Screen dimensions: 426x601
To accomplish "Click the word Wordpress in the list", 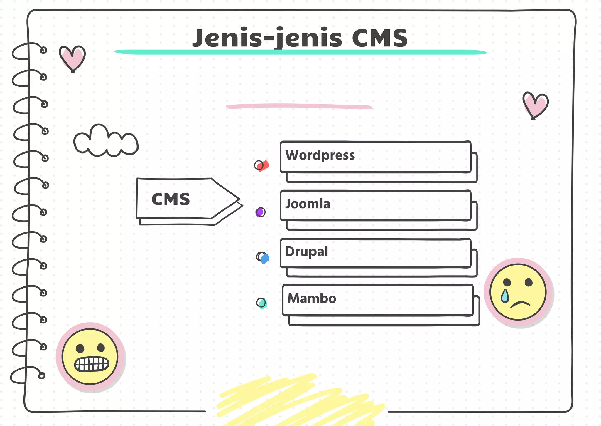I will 320,155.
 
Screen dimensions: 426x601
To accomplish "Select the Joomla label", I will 308,204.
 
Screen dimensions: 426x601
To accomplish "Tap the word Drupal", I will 306,252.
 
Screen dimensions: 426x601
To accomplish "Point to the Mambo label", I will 312,299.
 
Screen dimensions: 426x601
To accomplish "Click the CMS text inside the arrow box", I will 171,199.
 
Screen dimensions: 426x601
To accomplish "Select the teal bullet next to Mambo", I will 261,303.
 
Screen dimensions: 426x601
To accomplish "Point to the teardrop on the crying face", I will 505,296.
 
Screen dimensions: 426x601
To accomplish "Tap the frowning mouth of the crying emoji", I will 520,304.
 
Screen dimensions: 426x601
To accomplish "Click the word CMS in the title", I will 380,38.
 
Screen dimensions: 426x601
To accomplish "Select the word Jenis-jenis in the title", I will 267,38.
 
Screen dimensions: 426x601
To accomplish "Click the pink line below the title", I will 299,106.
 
